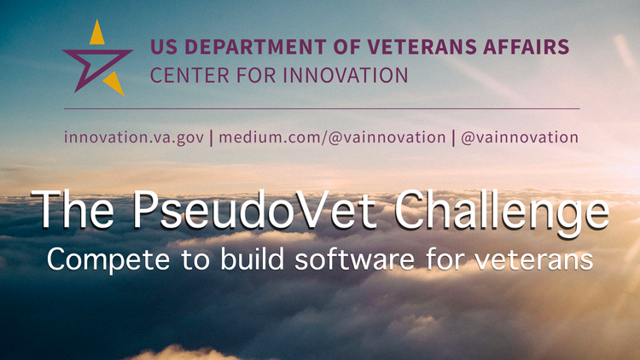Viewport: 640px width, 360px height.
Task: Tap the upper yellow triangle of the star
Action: tap(96, 33)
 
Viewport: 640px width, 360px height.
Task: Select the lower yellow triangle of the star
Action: tap(114, 84)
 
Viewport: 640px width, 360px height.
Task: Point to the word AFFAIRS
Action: tap(527, 47)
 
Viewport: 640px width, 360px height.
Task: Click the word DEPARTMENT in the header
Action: tap(255, 47)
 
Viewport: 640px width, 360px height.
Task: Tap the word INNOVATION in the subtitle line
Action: tap(346, 76)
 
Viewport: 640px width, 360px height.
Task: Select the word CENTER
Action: tap(189, 76)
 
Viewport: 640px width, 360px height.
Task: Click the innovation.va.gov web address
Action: tap(134, 137)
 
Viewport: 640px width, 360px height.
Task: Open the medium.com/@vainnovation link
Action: tap(332, 137)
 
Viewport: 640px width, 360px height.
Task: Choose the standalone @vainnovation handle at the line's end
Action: tap(520, 137)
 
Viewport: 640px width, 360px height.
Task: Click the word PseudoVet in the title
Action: tap(254, 210)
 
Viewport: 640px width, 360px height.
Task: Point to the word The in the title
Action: tap(73, 209)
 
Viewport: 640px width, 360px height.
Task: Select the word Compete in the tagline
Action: tap(108, 260)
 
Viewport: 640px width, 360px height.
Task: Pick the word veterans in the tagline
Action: tap(534, 259)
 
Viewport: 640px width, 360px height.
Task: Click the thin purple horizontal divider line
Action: tap(322, 109)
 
